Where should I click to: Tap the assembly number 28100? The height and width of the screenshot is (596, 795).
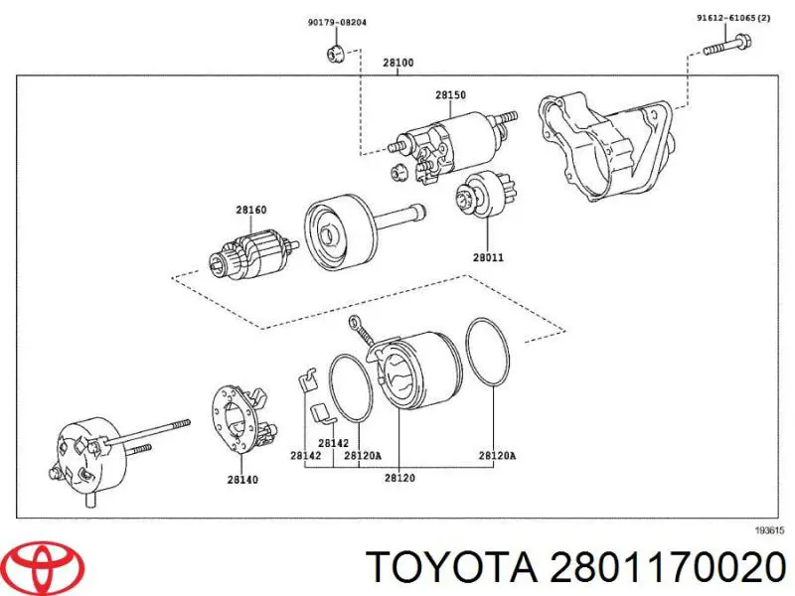point(398,63)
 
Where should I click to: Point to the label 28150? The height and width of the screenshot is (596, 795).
point(449,95)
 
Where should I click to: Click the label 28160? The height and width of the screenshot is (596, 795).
point(250,210)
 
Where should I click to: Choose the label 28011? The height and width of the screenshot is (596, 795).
point(488,257)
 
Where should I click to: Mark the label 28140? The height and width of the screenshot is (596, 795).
point(241,479)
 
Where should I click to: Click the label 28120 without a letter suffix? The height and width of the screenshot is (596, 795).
point(401,479)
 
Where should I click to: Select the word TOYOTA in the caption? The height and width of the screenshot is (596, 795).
point(448,567)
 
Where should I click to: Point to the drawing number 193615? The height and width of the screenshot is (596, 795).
point(769,530)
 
